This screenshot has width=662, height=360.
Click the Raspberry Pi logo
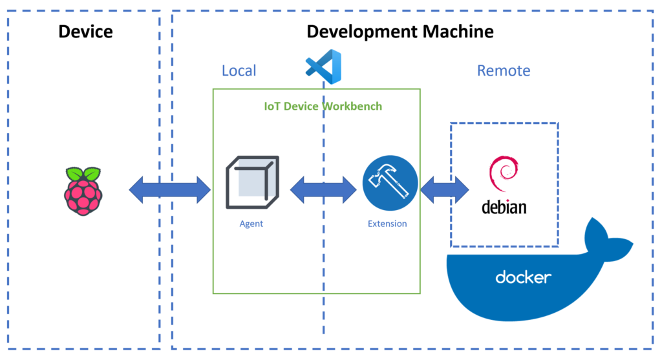click(x=83, y=191)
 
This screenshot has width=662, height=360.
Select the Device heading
click(x=85, y=31)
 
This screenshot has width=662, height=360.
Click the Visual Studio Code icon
click(x=323, y=67)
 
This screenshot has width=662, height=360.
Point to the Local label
click(x=239, y=70)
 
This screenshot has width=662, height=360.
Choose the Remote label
click(x=503, y=70)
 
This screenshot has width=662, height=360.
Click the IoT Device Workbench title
click(x=323, y=106)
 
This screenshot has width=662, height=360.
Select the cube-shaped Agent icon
click(x=252, y=182)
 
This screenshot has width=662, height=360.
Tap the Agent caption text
click(x=251, y=224)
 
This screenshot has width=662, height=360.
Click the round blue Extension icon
click(x=390, y=184)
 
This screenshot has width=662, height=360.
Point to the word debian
click(x=504, y=207)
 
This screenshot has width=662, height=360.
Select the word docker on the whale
click(x=523, y=278)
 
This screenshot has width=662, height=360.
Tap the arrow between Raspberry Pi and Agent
click(x=170, y=189)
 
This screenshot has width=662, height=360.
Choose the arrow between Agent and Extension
click(x=323, y=189)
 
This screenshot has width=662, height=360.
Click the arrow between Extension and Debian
click(x=445, y=189)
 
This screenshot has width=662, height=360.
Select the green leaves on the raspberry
click(x=83, y=173)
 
